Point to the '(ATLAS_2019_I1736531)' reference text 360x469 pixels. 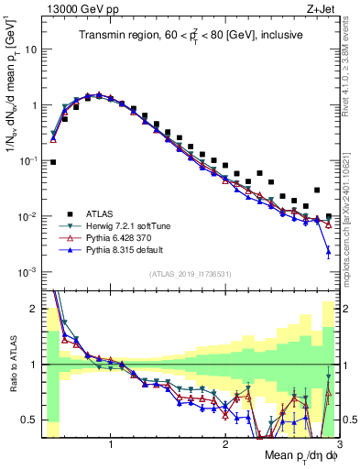point(190,274)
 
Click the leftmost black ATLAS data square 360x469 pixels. point(53,162)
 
